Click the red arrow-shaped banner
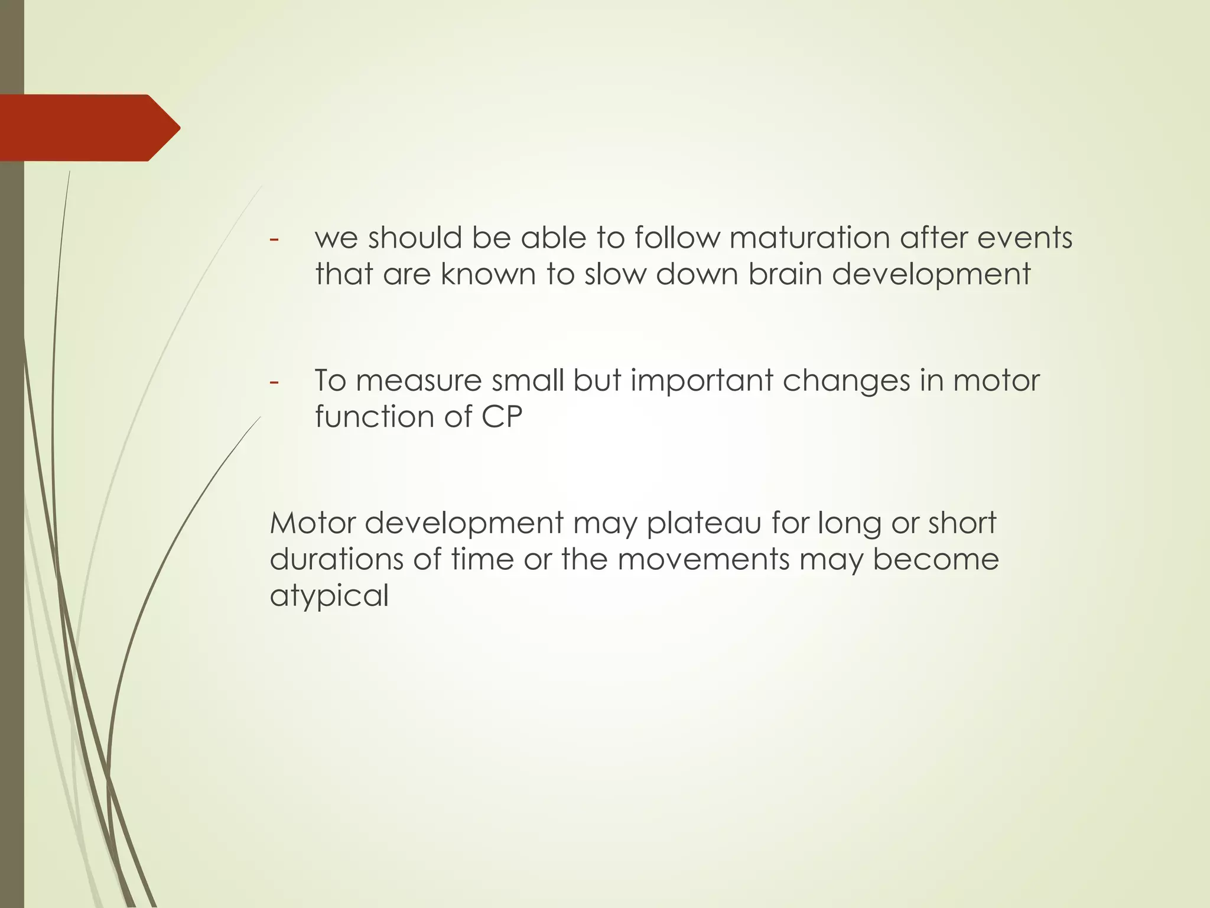coord(89,128)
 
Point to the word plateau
coord(704,523)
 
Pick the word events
coord(1024,238)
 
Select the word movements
coord(703,559)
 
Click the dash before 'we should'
coord(274,239)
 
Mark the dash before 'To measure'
coord(274,381)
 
